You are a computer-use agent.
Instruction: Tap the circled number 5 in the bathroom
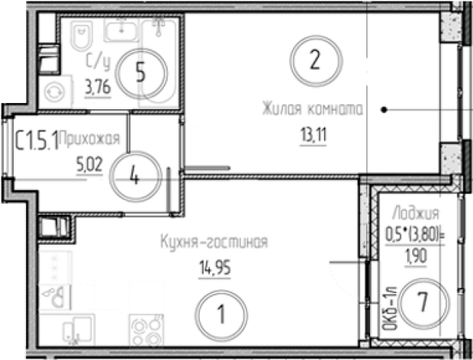point(140,72)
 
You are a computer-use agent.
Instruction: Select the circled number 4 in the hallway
point(135,175)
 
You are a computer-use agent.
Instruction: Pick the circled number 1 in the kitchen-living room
point(220,314)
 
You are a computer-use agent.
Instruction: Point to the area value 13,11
point(311,139)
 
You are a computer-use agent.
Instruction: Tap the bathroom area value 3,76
point(97,87)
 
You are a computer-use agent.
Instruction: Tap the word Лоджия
point(415,213)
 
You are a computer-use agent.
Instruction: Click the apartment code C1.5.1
point(37,139)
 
